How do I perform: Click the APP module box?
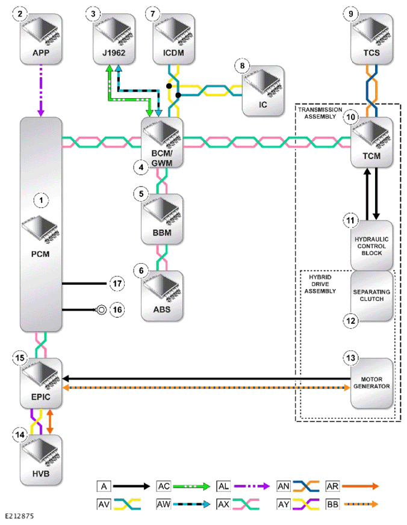pos(41,39)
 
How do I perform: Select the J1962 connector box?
pos(114,39)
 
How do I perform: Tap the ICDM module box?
pos(173,39)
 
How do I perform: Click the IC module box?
pos(263,91)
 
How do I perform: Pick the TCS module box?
pos(371,39)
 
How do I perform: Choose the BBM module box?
pos(162,219)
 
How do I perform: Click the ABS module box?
pos(162,296)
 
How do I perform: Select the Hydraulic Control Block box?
pos(371,245)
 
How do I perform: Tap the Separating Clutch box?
pos(371,296)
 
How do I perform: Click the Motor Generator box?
pos(371,384)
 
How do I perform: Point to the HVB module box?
pos(41,460)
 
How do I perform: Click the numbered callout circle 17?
pos(117,284)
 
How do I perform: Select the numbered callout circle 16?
pos(117,309)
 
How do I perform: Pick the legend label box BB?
pos(333,504)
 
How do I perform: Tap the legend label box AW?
pos(164,504)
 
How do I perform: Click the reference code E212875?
pos(19,516)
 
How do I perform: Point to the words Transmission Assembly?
pos(320,113)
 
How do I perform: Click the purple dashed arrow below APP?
pos(41,90)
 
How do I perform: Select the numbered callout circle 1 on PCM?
pos(41,200)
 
